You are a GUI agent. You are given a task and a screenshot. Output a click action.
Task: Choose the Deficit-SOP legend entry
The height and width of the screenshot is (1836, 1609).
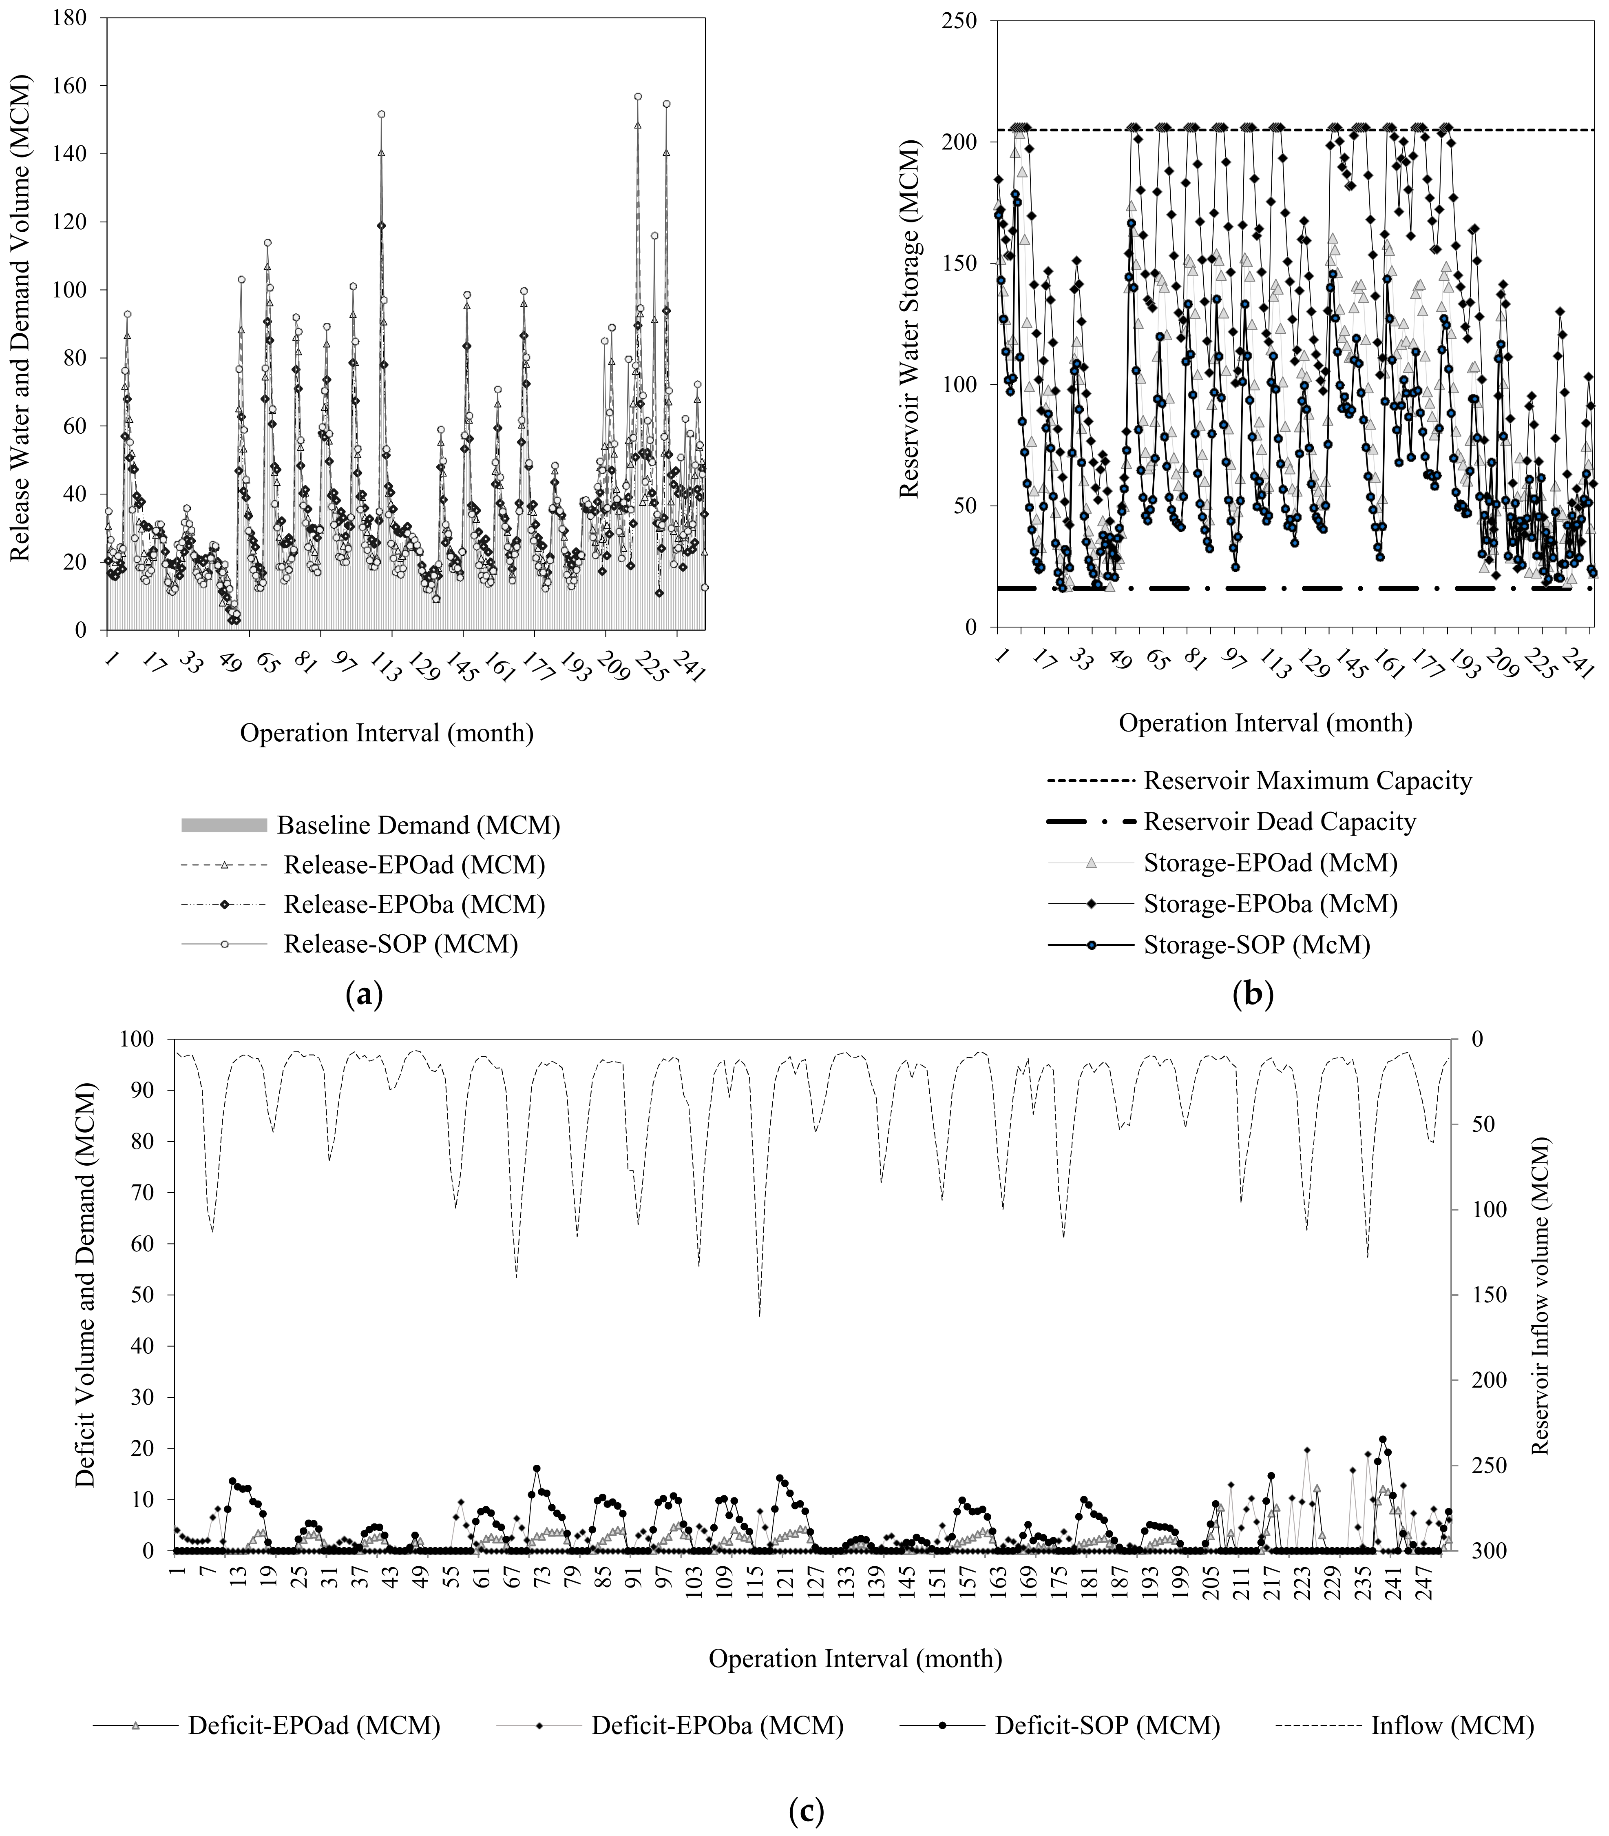(1106, 1725)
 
